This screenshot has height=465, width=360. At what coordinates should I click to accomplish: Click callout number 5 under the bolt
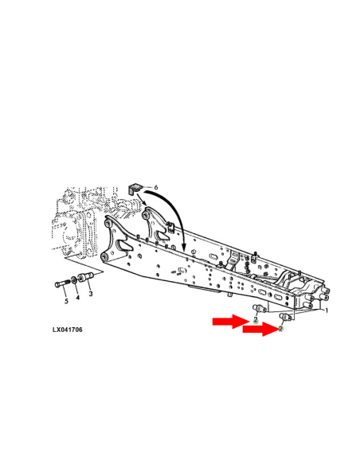[65, 300]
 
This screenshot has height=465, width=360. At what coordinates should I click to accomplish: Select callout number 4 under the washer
[77, 297]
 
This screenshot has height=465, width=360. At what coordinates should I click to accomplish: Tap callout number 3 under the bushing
[89, 294]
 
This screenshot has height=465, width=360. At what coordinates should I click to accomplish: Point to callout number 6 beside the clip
[156, 187]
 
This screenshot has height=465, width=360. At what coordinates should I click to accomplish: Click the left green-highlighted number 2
[255, 319]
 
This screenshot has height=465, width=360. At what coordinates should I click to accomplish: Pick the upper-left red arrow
[231, 322]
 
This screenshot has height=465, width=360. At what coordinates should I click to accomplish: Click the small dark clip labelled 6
[135, 188]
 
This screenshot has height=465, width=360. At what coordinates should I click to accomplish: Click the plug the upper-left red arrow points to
[257, 307]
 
